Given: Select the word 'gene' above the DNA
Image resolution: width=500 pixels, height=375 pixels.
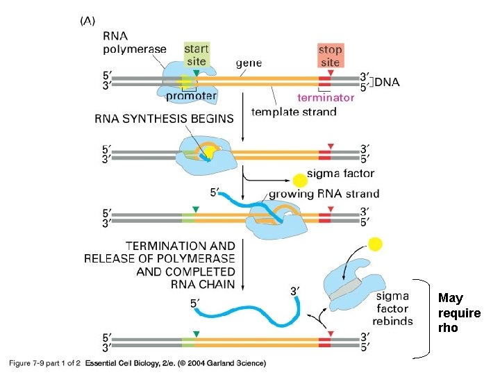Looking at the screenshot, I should [x=249, y=63].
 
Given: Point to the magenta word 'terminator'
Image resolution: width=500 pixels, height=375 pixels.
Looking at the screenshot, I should [x=326, y=97].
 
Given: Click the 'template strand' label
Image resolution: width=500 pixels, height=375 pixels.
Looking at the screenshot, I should [x=294, y=112].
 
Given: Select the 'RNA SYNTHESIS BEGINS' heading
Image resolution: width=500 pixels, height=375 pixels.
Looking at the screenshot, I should [x=164, y=119].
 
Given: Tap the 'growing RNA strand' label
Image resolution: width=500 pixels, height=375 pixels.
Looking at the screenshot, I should [x=324, y=194].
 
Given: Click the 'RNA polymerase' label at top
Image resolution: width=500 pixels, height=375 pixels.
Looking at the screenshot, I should [x=134, y=42].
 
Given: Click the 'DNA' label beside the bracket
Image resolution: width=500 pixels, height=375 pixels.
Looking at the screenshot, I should [x=387, y=82].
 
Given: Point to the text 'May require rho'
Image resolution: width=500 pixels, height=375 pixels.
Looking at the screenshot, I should [x=459, y=312].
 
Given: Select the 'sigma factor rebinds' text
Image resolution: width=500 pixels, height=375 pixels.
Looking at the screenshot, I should [x=392, y=309].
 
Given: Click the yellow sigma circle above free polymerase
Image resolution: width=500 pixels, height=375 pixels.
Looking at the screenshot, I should [x=375, y=244].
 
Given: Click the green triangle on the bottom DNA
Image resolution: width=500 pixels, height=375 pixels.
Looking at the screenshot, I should [x=198, y=335].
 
